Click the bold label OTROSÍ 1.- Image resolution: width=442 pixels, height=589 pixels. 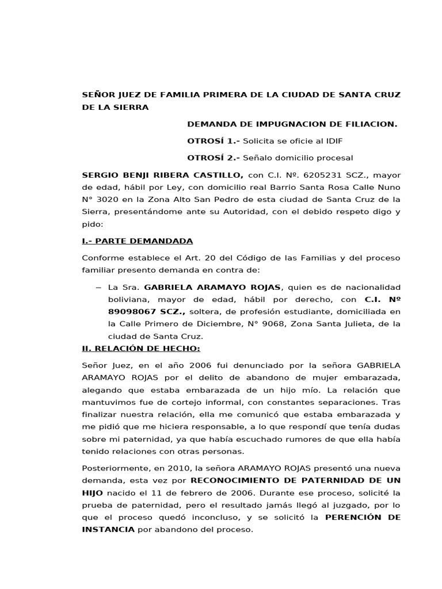pyautogui.click(x=214, y=140)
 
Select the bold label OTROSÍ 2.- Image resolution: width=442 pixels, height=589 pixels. pyautogui.click(x=214, y=158)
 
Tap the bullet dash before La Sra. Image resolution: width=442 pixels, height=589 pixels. pyautogui.click(x=98, y=287)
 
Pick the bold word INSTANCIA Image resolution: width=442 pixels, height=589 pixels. pyautogui.click(x=108, y=530)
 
